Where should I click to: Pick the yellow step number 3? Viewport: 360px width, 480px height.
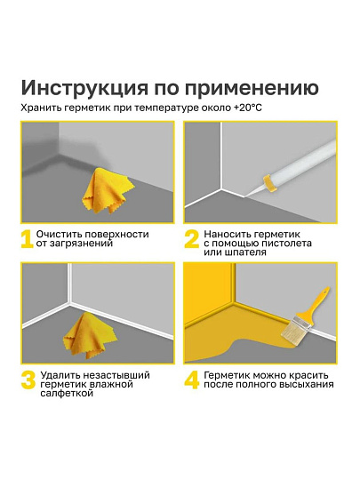pos(28,380)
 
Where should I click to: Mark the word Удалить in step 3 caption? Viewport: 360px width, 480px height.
pos(57,375)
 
